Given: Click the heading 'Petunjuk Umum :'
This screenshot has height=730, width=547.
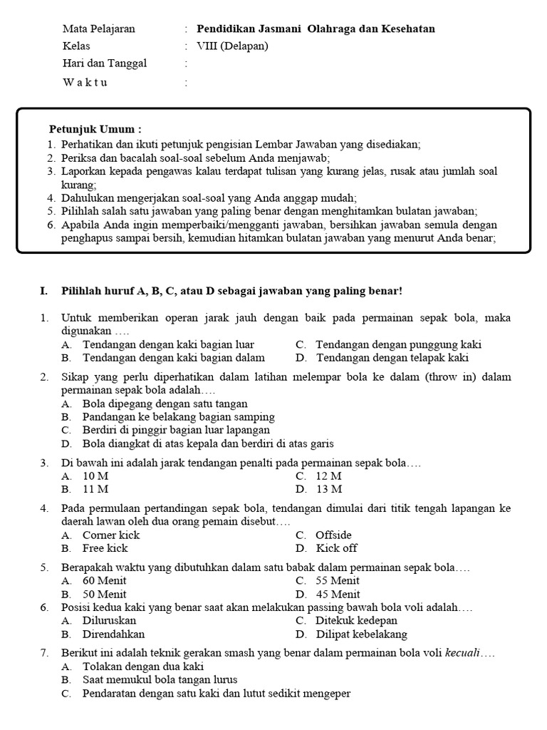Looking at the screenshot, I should click(95, 129).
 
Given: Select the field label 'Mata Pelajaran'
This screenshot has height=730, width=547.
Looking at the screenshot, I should click(98, 29).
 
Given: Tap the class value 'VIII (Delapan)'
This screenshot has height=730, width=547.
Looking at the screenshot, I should click(233, 46).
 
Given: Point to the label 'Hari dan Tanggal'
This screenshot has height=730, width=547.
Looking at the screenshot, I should click(105, 63).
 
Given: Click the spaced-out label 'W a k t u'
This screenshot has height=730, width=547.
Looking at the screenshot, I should click(85, 82).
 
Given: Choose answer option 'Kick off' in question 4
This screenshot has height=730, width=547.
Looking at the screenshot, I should click(336, 548).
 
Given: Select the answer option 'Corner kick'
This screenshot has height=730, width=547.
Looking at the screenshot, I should click(111, 535).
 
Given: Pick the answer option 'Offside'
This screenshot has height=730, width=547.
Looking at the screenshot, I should click(333, 535).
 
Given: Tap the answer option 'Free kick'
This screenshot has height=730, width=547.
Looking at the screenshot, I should click(105, 548).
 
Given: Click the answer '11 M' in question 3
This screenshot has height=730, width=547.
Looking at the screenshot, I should click(95, 489).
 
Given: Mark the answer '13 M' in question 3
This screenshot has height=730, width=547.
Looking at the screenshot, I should click(329, 489).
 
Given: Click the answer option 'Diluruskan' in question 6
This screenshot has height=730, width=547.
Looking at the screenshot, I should click(110, 621).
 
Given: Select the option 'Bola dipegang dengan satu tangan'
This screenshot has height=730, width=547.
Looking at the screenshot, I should click(165, 403).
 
